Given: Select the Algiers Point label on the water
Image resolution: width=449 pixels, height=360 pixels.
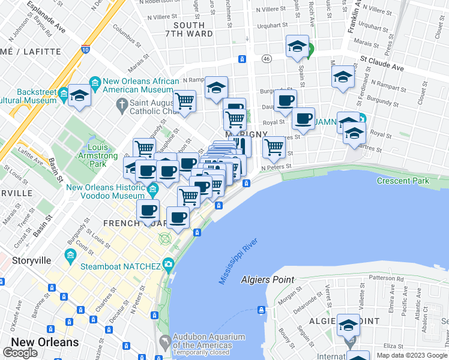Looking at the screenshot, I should click(x=267, y=280).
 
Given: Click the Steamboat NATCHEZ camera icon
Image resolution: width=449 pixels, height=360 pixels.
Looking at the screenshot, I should click(x=168, y=265).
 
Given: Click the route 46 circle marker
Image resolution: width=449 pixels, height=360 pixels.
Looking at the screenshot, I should click(x=267, y=58).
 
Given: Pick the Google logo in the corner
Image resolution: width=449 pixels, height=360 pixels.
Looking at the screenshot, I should click(x=20, y=353).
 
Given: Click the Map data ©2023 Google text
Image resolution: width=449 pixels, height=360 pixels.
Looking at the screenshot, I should click(x=412, y=355).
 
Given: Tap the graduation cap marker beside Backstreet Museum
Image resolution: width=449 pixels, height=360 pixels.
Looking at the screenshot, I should click(x=79, y=95).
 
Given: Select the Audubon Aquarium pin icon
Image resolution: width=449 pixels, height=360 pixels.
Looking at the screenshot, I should click(x=164, y=341).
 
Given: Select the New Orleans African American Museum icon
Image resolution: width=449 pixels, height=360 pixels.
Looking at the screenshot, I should click(x=95, y=81).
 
